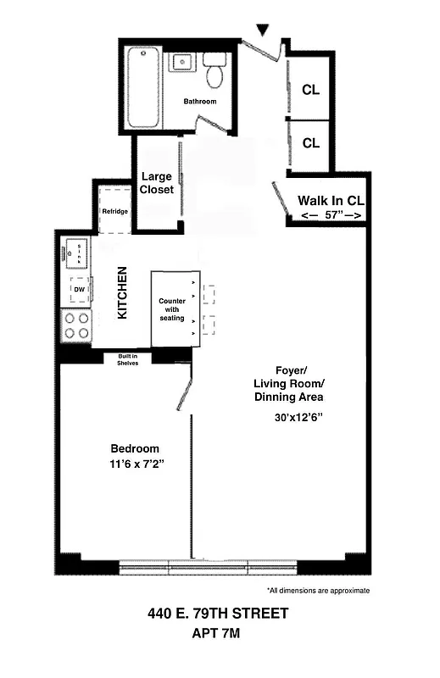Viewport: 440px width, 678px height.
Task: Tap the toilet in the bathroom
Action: [215, 70]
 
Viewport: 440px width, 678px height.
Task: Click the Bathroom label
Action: [200, 102]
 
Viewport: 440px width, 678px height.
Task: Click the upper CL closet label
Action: [310, 90]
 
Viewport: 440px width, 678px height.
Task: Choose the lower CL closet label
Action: [310, 143]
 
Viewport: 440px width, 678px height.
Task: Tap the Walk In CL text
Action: [331, 201]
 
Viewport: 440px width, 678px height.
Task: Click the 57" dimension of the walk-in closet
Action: [331, 216]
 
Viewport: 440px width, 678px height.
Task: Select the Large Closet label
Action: [157, 183]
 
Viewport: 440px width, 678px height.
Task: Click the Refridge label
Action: [114, 212]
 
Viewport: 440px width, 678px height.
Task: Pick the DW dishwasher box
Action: [78, 290]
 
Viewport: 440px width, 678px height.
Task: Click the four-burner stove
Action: [77, 326]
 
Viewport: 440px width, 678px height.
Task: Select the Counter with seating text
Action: [171, 309]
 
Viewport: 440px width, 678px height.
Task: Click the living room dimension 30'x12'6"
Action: [299, 418]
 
